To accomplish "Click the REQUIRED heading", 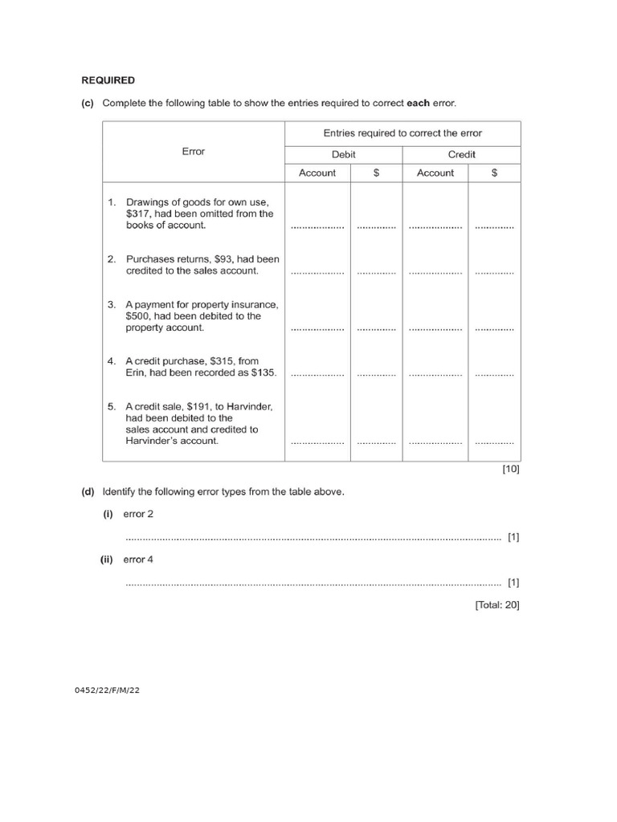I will [x=108, y=80].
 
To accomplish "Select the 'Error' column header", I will [x=194, y=152].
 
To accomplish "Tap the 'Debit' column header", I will [x=343, y=154].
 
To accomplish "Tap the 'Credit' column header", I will [x=462, y=154].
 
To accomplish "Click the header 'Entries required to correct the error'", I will [x=402, y=133].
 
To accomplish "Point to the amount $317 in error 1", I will [x=140, y=214].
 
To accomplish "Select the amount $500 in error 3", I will [x=140, y=316].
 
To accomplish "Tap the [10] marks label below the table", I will [x=511, y=470].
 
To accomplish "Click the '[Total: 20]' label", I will [x=496, y=605].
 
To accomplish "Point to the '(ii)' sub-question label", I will [x=107, y=560].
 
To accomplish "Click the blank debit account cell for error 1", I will [x=317, y=226].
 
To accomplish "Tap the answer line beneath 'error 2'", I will [x=313, y=538].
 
